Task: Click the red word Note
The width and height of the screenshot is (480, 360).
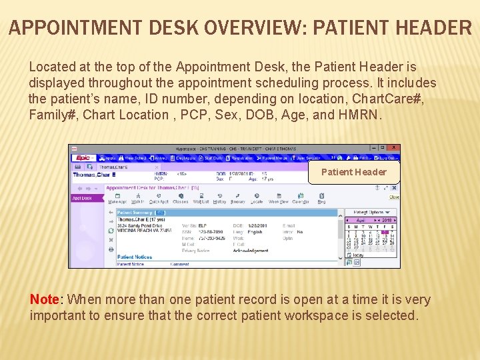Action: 44,299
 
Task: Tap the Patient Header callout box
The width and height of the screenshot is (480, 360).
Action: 353,172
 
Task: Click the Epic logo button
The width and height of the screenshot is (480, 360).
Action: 83,158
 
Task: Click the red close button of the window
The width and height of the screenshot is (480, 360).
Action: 394,148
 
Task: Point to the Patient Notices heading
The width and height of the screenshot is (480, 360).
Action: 135,257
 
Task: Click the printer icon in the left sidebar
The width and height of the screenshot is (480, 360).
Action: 111,249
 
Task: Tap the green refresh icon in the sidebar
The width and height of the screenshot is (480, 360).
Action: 111,231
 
